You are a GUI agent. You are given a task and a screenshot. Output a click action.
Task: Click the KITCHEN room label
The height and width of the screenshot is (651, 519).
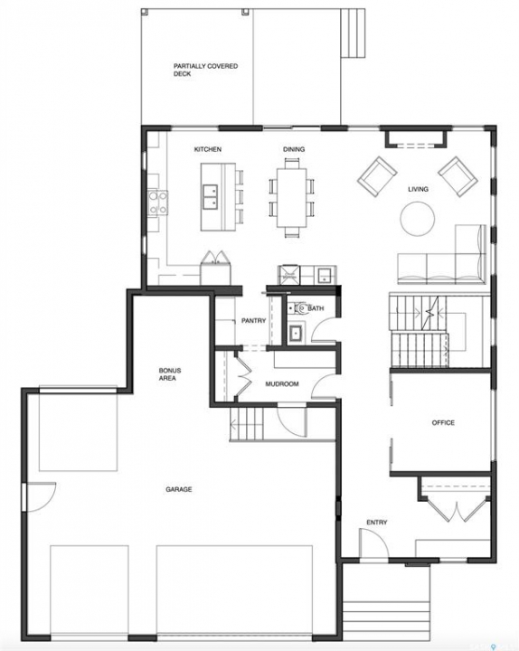[208, 149]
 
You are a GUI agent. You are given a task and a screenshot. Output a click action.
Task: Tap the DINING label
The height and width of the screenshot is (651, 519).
[294, 149]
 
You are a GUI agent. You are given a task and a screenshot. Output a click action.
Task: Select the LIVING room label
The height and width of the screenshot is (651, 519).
[418, 189]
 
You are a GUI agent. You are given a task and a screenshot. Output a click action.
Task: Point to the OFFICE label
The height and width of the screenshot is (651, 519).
[443, 422]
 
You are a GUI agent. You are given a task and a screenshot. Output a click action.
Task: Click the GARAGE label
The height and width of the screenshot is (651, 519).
[179, 489]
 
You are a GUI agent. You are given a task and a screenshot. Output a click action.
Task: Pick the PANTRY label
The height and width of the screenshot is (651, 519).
[254, 320]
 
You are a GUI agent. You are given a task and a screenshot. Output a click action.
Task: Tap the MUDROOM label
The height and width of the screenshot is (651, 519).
[282, 384]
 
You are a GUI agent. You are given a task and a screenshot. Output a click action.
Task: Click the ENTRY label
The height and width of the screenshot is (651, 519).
[377, 523]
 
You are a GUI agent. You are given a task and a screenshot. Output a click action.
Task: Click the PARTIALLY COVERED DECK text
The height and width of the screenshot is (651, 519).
[205, 70]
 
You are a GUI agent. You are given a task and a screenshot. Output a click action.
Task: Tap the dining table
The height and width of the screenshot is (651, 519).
[292, 197]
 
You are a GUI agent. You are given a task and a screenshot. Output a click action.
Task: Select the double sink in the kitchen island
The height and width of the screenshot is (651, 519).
[211, 197]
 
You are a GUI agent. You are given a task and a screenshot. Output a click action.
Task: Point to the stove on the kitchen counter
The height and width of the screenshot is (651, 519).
[158, 203]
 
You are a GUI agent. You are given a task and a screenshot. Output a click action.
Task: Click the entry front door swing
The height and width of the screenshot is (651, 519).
[373, 544]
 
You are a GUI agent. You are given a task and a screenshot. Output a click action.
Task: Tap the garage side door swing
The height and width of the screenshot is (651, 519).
[41, 497]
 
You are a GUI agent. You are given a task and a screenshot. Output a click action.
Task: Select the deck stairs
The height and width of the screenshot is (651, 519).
[353, 33]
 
